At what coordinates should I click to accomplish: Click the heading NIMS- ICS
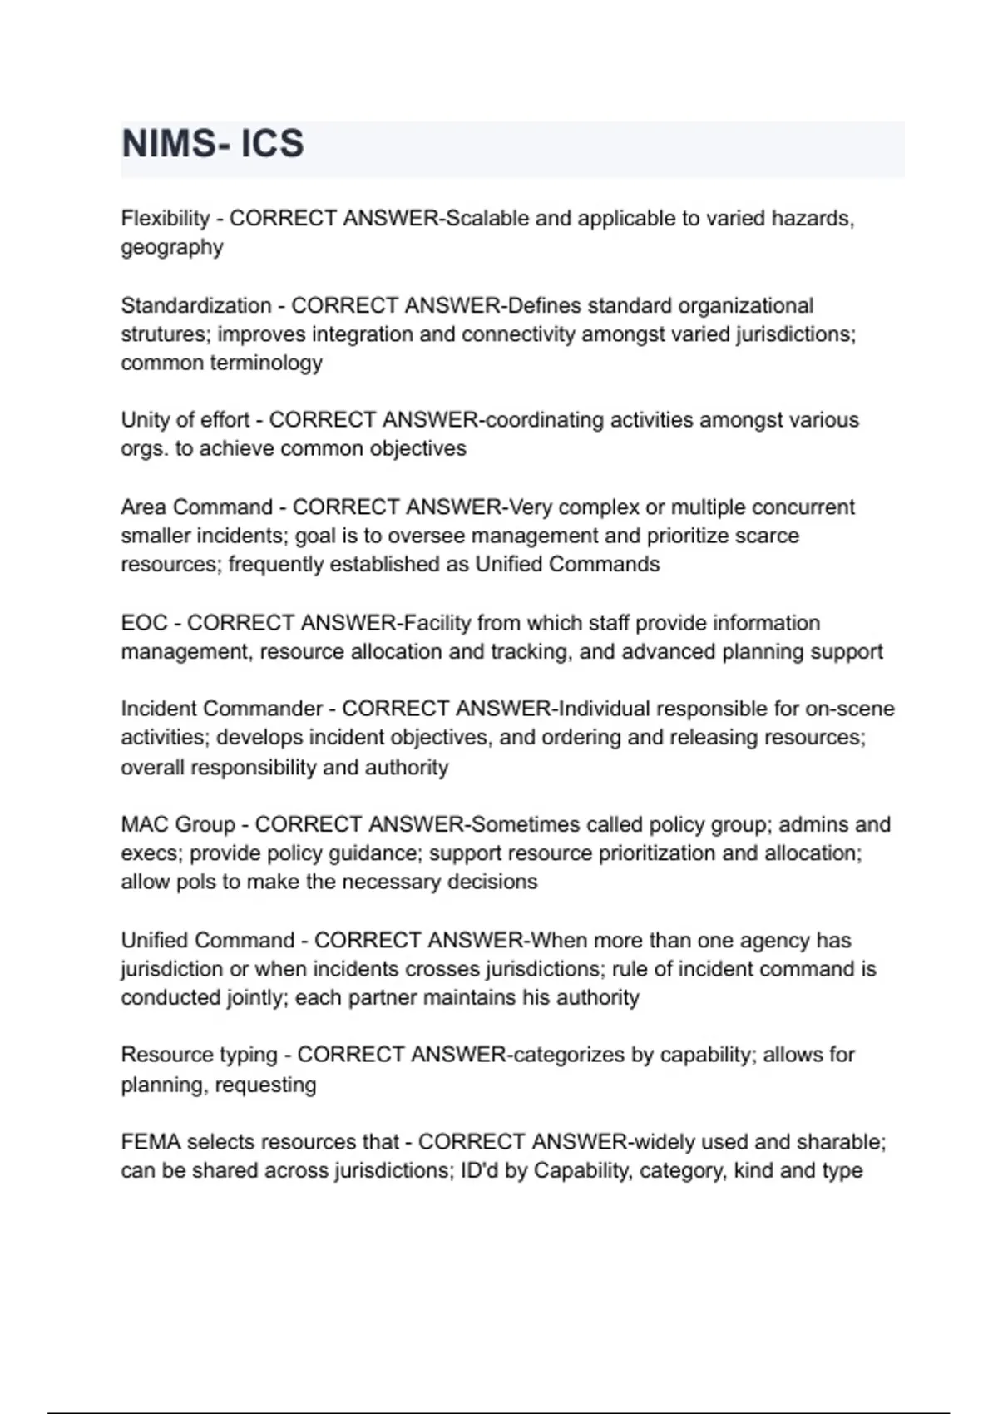[x=213, y=144]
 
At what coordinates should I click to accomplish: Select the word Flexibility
[x=165, y=219]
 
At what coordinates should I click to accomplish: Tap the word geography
[x=172, y=248]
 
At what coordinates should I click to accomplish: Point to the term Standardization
[x=195, y=306]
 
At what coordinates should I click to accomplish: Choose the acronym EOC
[x=144, y=623]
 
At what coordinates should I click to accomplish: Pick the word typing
[x=249, y=1056]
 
